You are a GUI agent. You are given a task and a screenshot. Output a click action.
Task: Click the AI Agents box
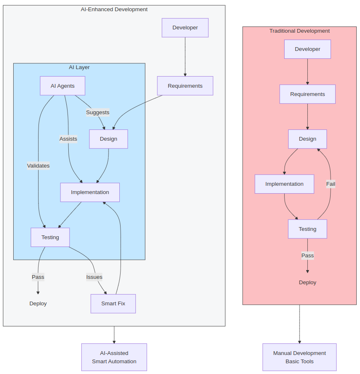[63, 86]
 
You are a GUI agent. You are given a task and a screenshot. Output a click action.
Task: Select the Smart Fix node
[113, 303]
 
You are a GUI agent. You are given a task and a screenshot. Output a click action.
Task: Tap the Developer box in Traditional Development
[307, 49]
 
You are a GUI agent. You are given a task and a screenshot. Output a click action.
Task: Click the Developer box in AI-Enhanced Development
[185, 28]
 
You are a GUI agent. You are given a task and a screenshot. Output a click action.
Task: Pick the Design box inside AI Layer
[109, 139]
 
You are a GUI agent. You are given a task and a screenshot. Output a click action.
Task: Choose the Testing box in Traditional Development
[307, 229]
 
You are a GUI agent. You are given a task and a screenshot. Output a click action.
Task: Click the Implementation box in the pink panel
[284, 184]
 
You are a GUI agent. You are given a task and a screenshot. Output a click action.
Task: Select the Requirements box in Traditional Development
[307, 94]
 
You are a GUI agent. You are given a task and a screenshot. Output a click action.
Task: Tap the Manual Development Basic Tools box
[300, 357]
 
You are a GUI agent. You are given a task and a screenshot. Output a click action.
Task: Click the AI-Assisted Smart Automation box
[114, 357]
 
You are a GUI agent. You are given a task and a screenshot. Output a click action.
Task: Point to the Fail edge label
[331, 184]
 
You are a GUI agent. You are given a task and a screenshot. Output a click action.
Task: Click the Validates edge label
[39, 165]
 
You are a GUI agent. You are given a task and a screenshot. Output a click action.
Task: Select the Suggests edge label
[98, 112]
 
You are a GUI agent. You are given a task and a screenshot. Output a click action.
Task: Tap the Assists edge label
[68, 139]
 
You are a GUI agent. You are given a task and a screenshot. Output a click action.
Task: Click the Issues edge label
[94, 277]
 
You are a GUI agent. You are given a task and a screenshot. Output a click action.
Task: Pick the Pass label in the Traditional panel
[307, 255]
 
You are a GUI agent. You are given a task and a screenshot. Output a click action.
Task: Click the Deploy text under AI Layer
[38, 303]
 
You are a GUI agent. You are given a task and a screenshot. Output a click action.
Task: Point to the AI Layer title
[79, 67]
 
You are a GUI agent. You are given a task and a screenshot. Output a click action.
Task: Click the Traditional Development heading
[300, 31]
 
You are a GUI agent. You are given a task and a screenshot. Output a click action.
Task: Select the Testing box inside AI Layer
[50, 237]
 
